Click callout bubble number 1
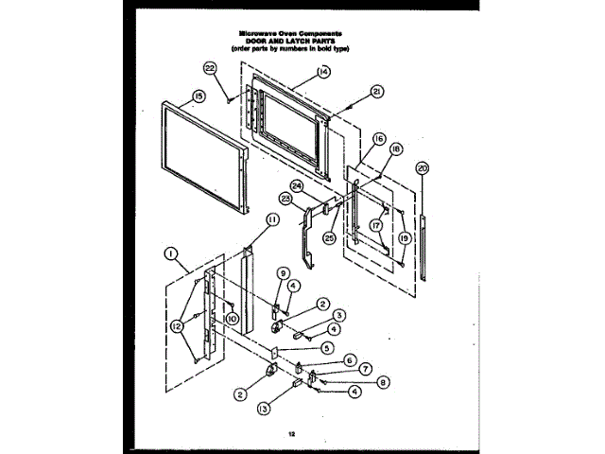[x=171, y=253]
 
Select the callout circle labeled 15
[x=199, y=95]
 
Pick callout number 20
[x=422, y=167]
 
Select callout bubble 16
[x=378, y=138]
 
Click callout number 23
[x=285, y=198]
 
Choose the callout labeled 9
[x=282, y=272]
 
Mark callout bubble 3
[x=338, y=315]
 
